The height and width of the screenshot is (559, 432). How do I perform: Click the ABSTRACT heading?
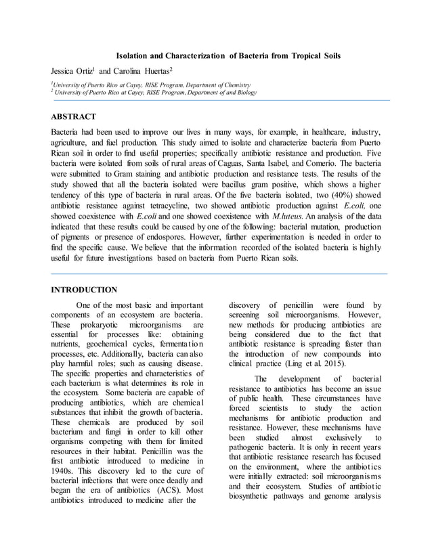74,117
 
